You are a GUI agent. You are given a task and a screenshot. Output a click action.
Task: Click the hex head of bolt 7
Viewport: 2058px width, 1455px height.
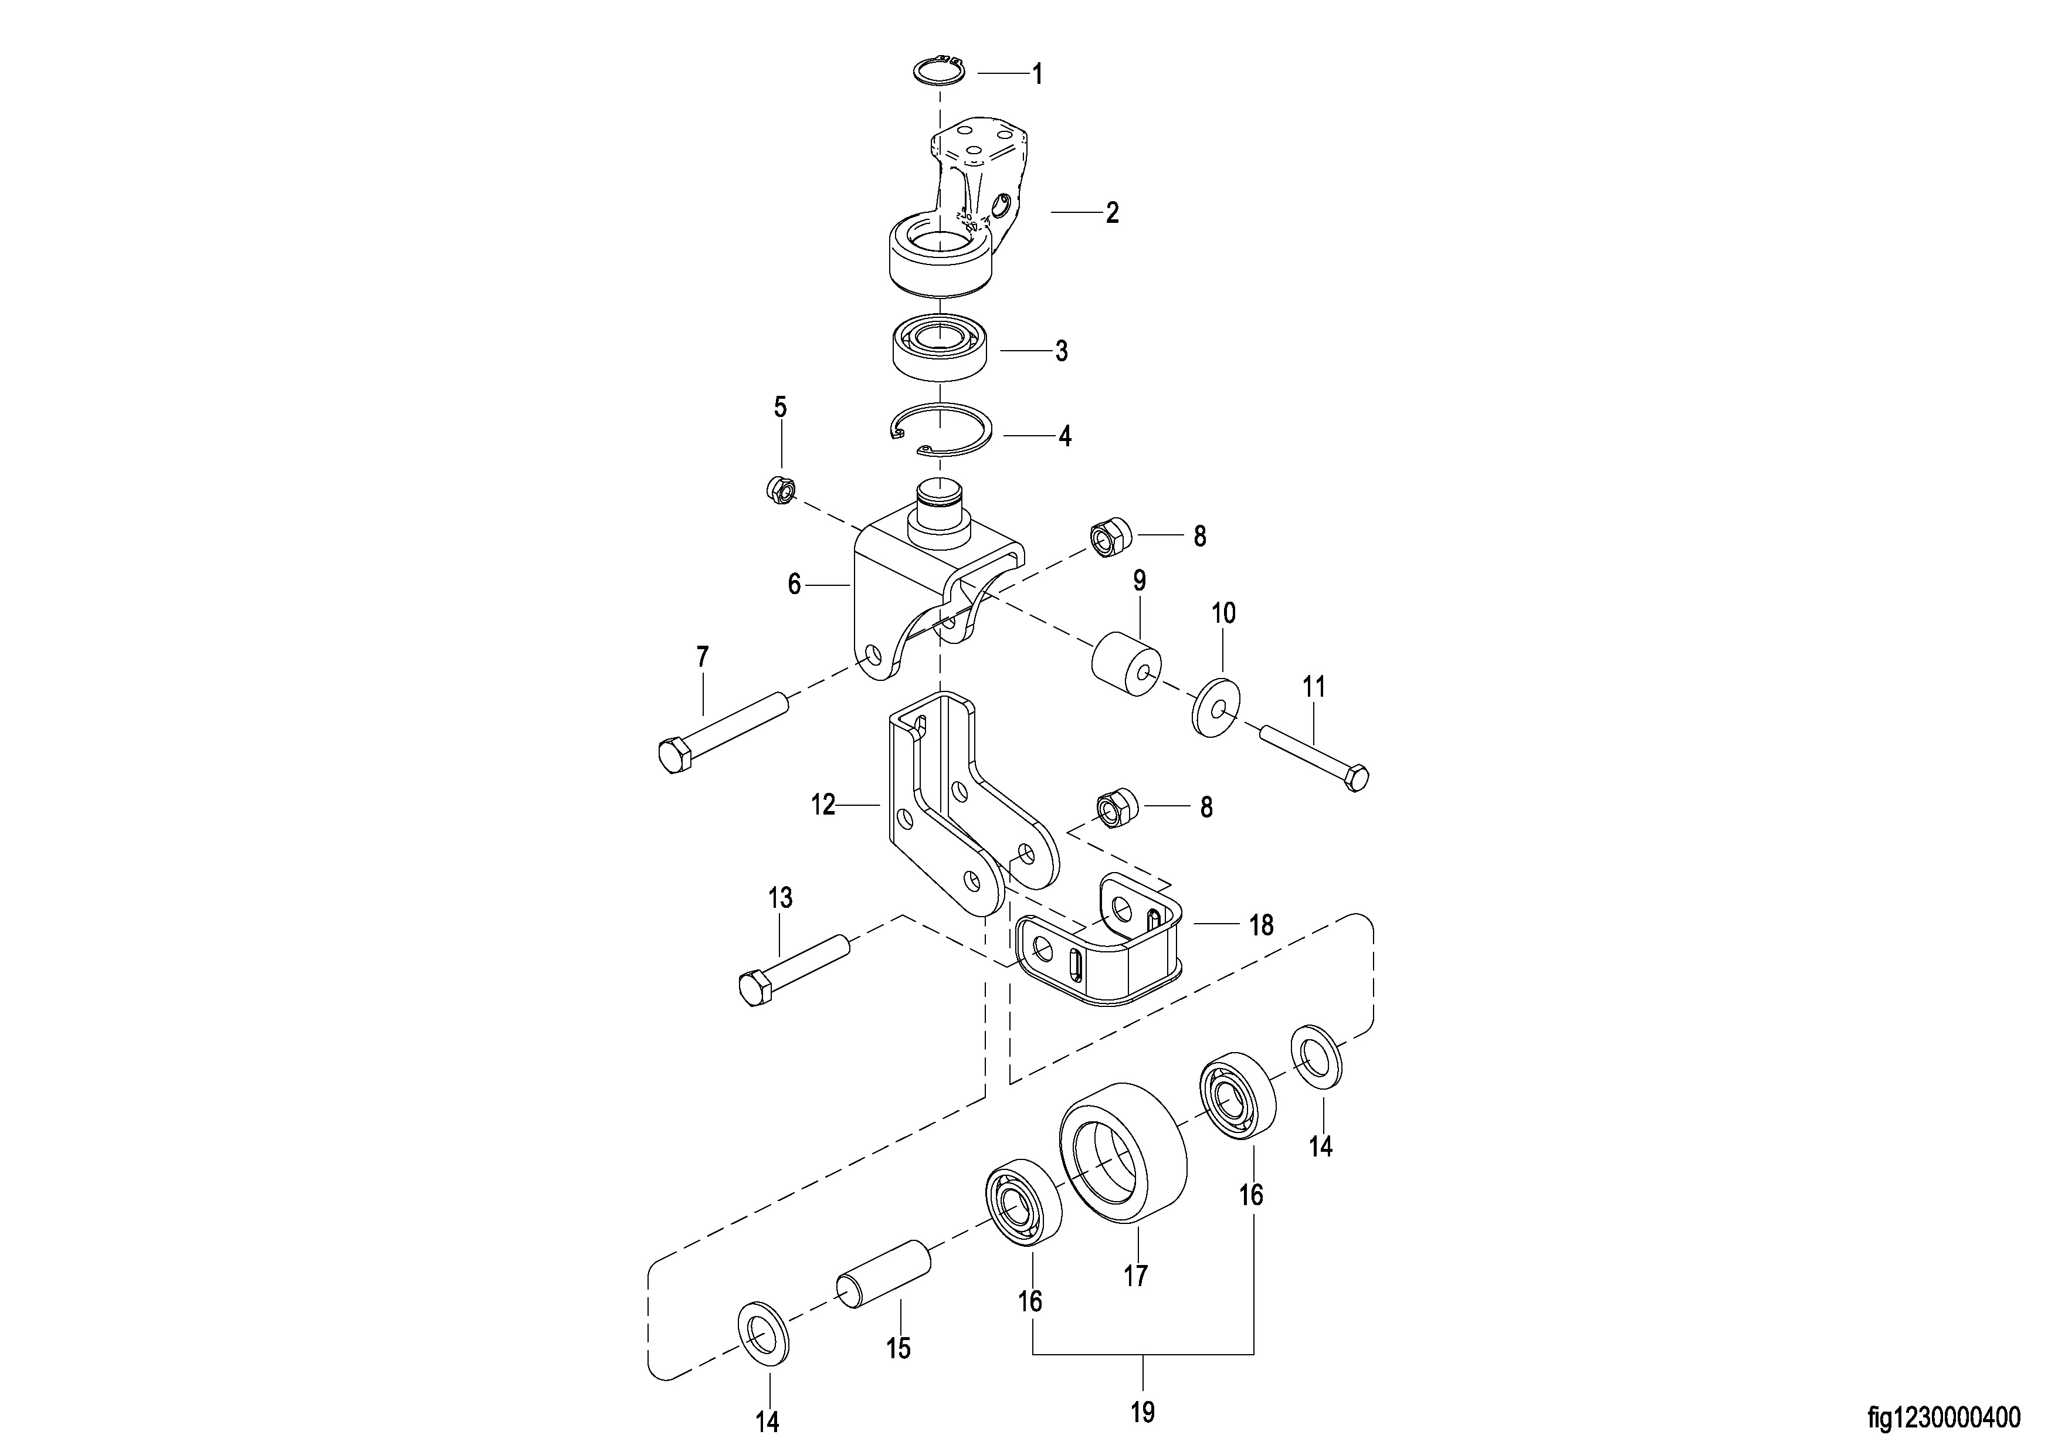click(x=674, y=756)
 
